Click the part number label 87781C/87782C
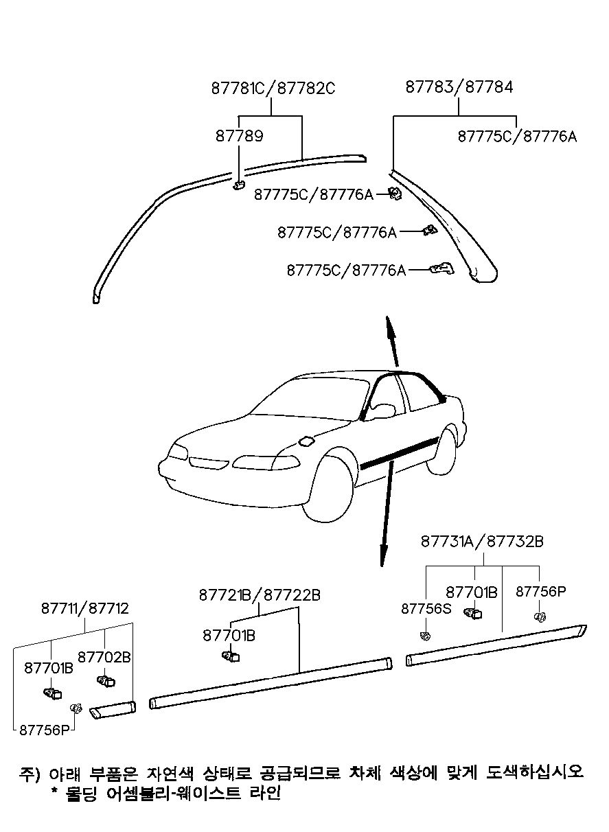(x=273, y=89)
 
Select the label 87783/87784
(x=459, y=87)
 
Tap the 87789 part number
(x=240, y=136)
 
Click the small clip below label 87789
(x=239, y=184)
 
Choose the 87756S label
(x=426, y=609)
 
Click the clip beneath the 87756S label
(x=426, y=636)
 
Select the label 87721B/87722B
(x=260, y=595)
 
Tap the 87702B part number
(x=104, y=658)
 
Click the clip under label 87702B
(x=106, y=681)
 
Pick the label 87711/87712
(x=84, y=608)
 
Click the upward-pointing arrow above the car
(x=392, y=342)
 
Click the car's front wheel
(x=328, y=489)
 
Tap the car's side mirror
(x=382, y=411)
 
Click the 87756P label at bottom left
(x=45, y=730)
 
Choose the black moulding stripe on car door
(x=400, y=453)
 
